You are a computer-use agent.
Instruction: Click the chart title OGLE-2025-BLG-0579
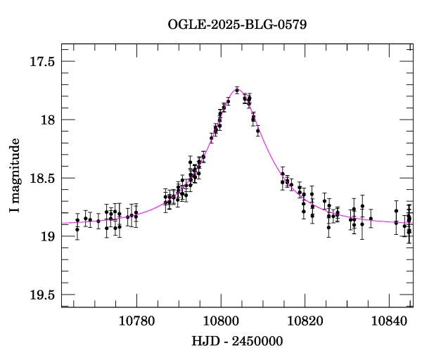click(x=236, y=25)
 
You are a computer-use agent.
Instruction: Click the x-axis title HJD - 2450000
click(x=236, y=341)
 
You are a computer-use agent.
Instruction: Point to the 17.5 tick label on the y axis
click(x=41, y=61)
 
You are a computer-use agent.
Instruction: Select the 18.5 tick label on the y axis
click(x=41, y=178)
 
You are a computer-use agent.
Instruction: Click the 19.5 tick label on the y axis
click(x=41, y=295)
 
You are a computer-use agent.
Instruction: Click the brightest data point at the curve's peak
click(x=237, y=90)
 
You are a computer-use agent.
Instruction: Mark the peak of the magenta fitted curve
click(x=238, y=89)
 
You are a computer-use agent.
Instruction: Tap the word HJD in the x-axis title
click(x=205, y=341)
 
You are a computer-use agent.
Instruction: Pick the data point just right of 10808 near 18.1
click(x=258, y=131)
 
